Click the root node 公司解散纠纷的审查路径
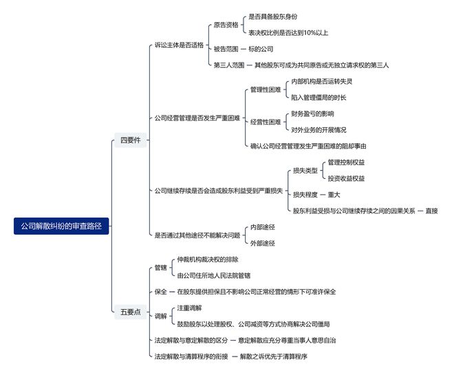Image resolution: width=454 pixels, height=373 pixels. [x=61, y=226]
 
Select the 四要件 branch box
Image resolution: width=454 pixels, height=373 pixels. [x=130, y=140]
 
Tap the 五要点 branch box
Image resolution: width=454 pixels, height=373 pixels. [x=130, y=312]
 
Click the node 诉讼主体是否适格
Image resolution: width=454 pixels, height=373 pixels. [x=179, y=45]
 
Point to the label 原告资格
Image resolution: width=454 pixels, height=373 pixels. [x=226, y=25]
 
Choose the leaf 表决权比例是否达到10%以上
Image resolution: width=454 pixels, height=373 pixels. [x=288, y=33]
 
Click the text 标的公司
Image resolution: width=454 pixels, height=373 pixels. [x=261, y=49]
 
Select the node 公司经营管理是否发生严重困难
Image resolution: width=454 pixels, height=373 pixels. [x=197, y=118]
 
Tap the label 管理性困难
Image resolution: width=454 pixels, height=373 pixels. [x=266, y=89]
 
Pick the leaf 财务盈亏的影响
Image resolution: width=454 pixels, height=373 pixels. [x=312, y=114]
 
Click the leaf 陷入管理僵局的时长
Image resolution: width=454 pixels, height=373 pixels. [x=318, y=98]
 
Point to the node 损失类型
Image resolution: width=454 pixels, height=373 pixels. [x=305, y=171]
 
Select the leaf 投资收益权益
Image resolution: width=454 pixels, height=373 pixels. [x=346, y=178]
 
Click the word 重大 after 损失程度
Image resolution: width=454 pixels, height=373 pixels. [x=334, y=195]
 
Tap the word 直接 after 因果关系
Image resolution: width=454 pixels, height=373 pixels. [x=431, y=211]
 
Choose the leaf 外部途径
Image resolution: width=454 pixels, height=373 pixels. [x=262, y=243]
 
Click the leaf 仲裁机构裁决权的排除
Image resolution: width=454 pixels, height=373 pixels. [x=208, y=259]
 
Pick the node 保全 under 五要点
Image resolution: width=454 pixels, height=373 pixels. [x=161, y=292]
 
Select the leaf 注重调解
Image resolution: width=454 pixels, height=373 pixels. [x=189, y=308]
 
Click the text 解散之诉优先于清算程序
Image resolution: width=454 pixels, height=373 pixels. [x=273, y=356]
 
